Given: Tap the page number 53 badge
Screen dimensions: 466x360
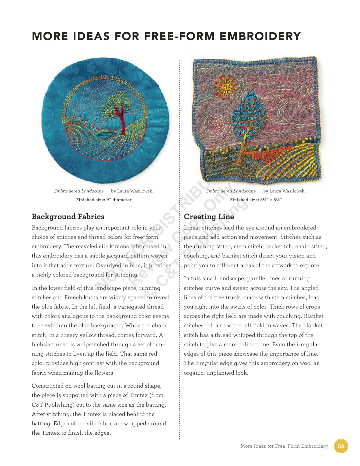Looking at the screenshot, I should (341, 446).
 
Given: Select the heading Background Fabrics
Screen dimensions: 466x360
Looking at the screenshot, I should (68, 217).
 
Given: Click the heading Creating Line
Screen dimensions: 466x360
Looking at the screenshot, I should (209, 217).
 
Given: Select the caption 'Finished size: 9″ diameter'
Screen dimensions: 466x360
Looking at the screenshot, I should (104, 200).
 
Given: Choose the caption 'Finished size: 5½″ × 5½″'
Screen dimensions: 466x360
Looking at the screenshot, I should (256, 200).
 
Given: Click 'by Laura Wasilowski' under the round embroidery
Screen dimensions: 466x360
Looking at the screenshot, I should (132, 191).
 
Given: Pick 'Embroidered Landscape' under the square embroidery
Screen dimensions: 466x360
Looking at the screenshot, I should (231, 191).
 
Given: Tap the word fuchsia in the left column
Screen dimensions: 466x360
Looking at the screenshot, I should (41, 345).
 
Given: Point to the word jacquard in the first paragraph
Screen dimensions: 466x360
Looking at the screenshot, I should (117, 256).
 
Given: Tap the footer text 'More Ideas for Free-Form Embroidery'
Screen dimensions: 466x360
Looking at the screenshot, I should (284, 446).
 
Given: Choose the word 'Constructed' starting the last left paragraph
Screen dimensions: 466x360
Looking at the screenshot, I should (47, 386).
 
